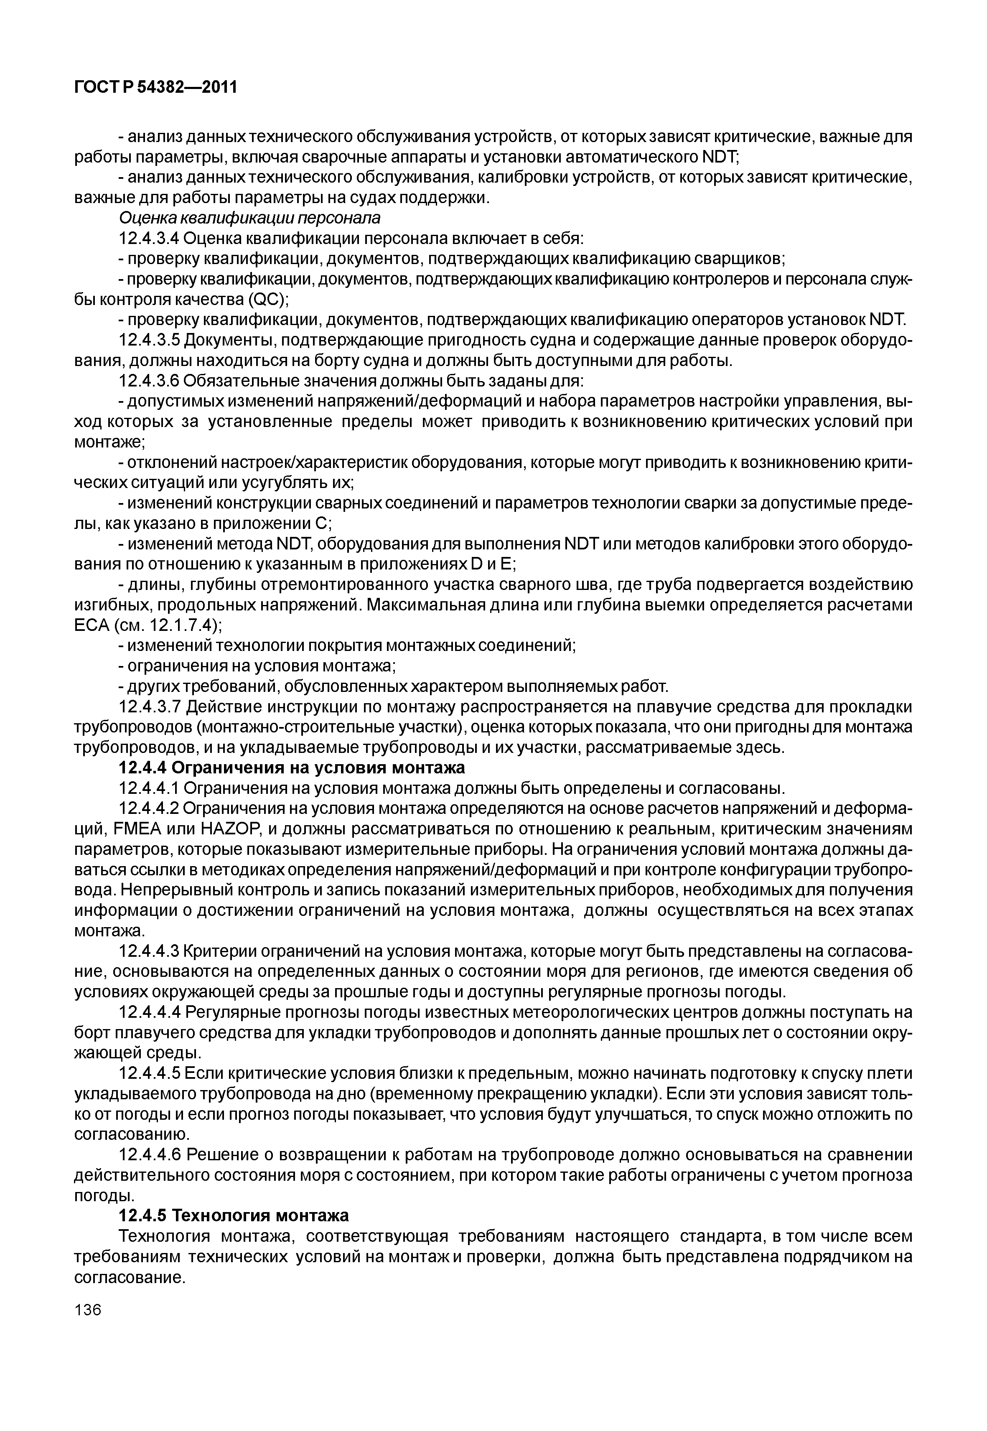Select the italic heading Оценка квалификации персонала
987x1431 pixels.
[x=249, y=218]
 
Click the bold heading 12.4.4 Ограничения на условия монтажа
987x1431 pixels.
[x=291, y=769]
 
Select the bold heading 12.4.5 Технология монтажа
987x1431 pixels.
[x=233, y=1216]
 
